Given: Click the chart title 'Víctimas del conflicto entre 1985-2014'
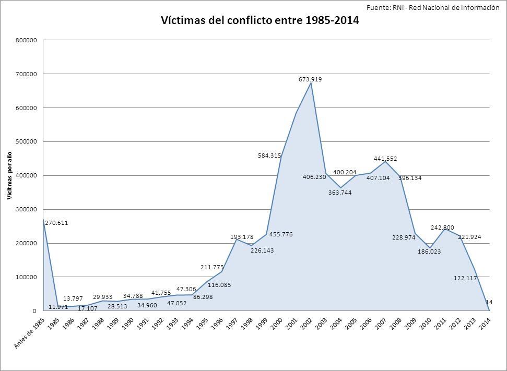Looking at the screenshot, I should click(x=260, y=21).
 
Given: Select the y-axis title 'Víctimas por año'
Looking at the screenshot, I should click(x=9, y=175).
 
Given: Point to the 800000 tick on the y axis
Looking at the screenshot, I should click(x=26, y=40).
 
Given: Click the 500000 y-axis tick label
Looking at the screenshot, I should click(x=26, y=142).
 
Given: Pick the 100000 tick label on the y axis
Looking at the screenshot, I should click(x=26, y=277).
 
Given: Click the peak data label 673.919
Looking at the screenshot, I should click(x=311, y=79).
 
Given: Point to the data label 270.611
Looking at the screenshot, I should click(x=57, y=223).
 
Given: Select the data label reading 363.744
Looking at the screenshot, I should click(x=340, y=193).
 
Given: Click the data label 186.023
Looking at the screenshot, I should click(x=429, y=252).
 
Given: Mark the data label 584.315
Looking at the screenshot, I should click(x=269, y=155).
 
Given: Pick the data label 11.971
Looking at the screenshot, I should click(x=58, y=307).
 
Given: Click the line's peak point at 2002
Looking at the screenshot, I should click(x=311, y=83).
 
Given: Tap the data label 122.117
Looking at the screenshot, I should click(x=466, y=278).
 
